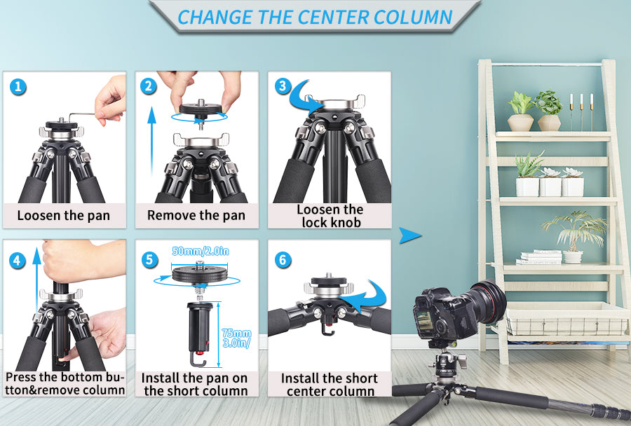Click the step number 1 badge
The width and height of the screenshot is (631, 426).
(18, 87)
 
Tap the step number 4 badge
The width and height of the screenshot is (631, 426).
(18, 261)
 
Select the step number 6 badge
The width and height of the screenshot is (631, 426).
(283, 260)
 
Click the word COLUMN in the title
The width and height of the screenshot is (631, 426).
(413, 18)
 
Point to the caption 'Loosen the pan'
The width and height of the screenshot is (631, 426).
(64, 216)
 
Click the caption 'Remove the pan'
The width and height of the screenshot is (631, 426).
(196, 215)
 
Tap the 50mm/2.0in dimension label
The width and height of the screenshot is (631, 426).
(201, 252)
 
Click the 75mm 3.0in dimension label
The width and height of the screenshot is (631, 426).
(237, 338)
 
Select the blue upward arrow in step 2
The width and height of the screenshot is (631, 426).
(151, 142)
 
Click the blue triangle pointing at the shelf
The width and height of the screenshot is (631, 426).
(410, 235)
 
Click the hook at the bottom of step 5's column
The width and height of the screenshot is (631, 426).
(198, 359)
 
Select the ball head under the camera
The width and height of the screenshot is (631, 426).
(447, 364)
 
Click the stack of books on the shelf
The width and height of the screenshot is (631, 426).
(538, 257)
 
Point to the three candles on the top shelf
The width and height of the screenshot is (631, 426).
(581, 112)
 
